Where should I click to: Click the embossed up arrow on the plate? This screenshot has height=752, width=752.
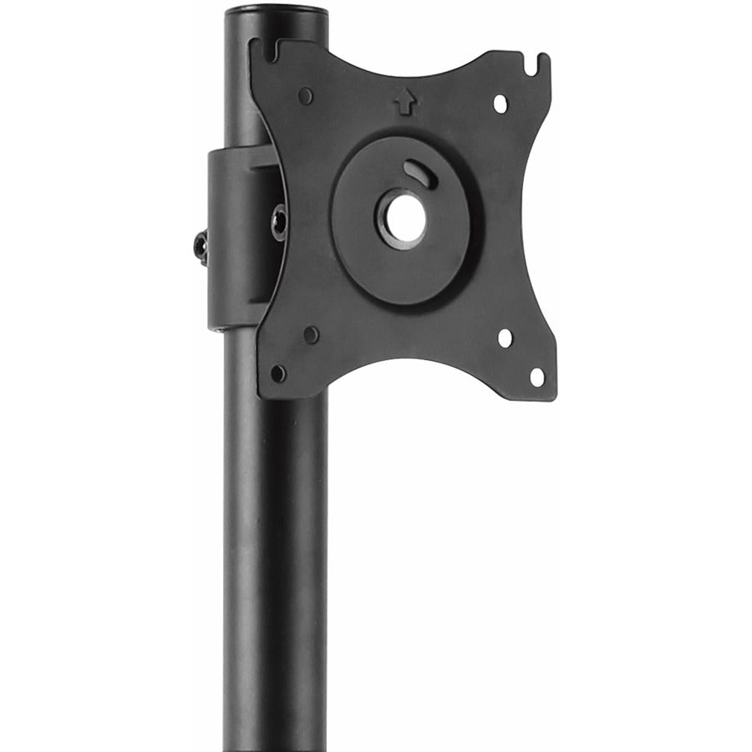pyautogui.click(x=405, y=102)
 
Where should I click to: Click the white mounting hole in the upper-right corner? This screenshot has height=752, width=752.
pyautogui.click(x=500, y=104)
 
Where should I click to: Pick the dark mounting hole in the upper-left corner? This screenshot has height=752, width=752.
pyautogui.click(x=306, y=96)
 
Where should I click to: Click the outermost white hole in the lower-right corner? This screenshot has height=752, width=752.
pyautogui.click(x=536, y=377)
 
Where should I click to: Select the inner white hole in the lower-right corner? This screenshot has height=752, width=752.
pyautogui.click(x=505, y=338)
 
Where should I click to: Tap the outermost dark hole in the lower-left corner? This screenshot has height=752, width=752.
pyautogui.click(x=278, y=373)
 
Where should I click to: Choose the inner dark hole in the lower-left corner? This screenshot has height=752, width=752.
pyautogui.click(x=311, y=335)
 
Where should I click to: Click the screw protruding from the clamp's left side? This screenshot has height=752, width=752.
pyautogui.click(x=201, y=247)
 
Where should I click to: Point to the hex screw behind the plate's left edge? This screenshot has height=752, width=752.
pyautogui.click(x=278, y=222)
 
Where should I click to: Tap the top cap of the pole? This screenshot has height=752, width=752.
pyautogui.click(x=275, y=12)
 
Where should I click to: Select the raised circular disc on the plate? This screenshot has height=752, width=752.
pyautogui.click(x=368, y=251)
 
